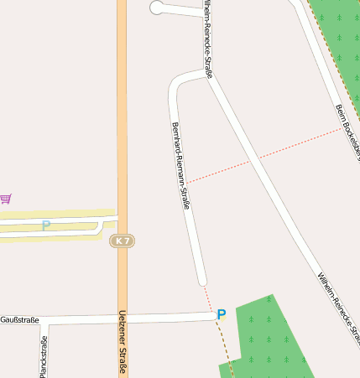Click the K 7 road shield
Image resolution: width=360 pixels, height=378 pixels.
click(x=122, y=241)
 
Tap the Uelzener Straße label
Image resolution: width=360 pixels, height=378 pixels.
click(x=122, y=343)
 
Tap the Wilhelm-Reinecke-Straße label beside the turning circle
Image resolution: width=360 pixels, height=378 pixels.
click(x=207, y=38)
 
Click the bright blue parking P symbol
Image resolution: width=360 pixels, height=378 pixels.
click(x=222, y=314)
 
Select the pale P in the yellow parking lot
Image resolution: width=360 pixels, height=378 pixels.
click(x=46, y=225)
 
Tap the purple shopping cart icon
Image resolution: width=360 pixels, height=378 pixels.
click(x=6, y=199)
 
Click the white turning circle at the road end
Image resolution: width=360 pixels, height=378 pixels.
click(x=156, y=8)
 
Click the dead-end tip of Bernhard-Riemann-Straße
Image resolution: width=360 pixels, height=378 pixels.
click(x=201, y=281)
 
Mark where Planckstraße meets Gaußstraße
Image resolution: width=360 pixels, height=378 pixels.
click(x=44, y=320)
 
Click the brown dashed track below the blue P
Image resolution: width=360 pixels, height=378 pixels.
click(x=226, y=348)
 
